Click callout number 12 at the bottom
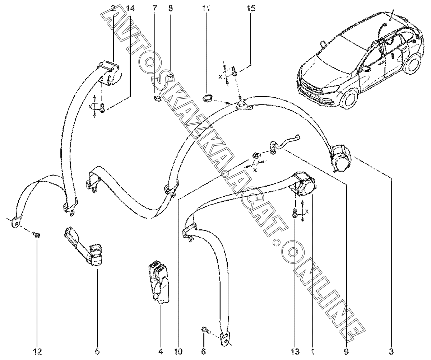pos(37,351)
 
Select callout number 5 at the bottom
pos(97,351)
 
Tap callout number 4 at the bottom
pos(161,351)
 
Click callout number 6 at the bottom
pos(203,351)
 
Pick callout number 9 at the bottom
pos(346,351)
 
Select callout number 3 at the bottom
pos(391,351)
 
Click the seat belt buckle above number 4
pos(159,284)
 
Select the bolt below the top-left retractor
pos(102,107)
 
